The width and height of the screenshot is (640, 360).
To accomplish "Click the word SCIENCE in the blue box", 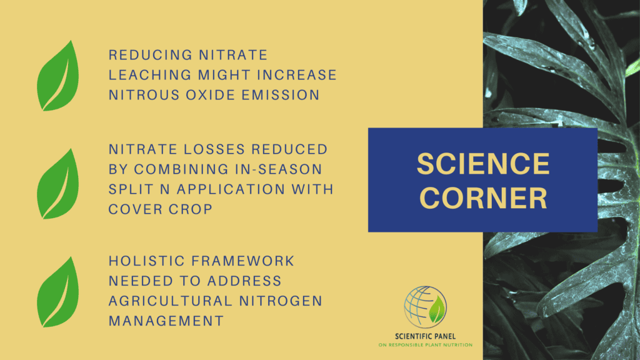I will pyautogui.click(x=483, y=164).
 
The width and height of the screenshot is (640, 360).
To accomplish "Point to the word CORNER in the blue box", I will pyautogui.click(x=483, y=198).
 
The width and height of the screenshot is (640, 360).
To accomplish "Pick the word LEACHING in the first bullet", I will pyautogui.click(x=145, y=75).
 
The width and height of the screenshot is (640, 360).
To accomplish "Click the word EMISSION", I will pyautogui.click(x=288, y=95).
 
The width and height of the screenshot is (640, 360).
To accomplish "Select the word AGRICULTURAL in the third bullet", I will pyautogui.click(x=170, y=301).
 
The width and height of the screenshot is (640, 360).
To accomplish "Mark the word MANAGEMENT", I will pyautogui.click(x=166, y=321).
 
